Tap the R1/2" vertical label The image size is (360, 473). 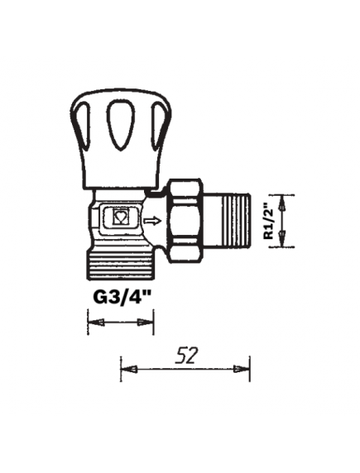tap(269, 222)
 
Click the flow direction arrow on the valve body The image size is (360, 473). tap(152, 222)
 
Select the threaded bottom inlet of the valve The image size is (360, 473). tap(121, 263)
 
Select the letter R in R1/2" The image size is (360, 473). tap(269, 236)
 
